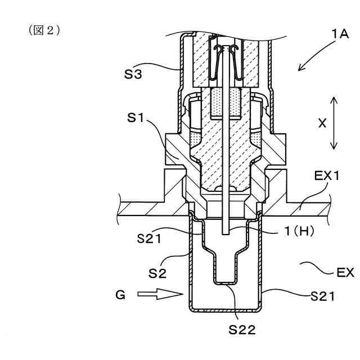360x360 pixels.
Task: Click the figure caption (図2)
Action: tap(44, 30)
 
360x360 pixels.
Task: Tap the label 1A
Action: tap(340, 34)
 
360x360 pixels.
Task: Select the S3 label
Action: tap(133, 74)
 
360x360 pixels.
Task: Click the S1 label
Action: tap(136, 118)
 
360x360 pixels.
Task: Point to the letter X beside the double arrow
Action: tap(322, 123)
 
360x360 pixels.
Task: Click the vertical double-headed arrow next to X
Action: tap(334, 123)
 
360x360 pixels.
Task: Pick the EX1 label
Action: tap(326, 176)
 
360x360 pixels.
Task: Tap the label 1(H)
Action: tap(299, 231)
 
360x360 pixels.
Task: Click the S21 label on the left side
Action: tap(149, 238)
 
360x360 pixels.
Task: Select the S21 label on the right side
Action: tap(322, 296)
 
